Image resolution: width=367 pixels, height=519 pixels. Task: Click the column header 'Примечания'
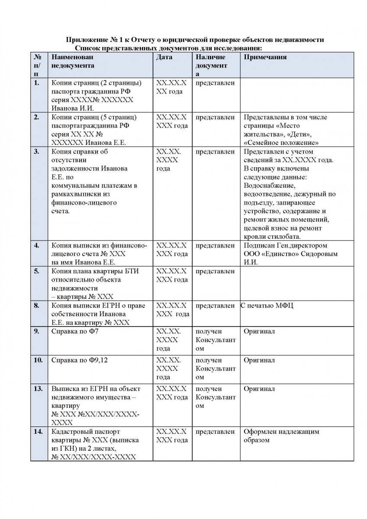click(x=265, y=57)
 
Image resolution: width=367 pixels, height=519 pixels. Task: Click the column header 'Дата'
click(x=164, y=57)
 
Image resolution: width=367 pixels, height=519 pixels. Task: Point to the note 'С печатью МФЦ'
click(x=264, y=306)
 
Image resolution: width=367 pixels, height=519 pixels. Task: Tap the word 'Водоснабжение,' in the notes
click(x=270, y=186)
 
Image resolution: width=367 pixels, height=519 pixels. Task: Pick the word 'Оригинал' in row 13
click(x=259, y=389)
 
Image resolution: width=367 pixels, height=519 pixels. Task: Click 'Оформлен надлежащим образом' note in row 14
click(x=281, y=436)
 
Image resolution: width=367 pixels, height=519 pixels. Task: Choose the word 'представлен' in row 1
click(x=215, y=83)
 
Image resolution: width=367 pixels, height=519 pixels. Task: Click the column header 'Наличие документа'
click(x=212, y=65)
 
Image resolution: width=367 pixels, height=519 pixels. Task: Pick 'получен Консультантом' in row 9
click(x=216, y=340)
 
